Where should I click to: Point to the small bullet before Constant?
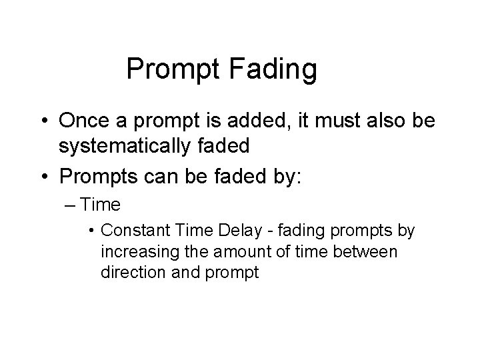coord(91,231)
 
